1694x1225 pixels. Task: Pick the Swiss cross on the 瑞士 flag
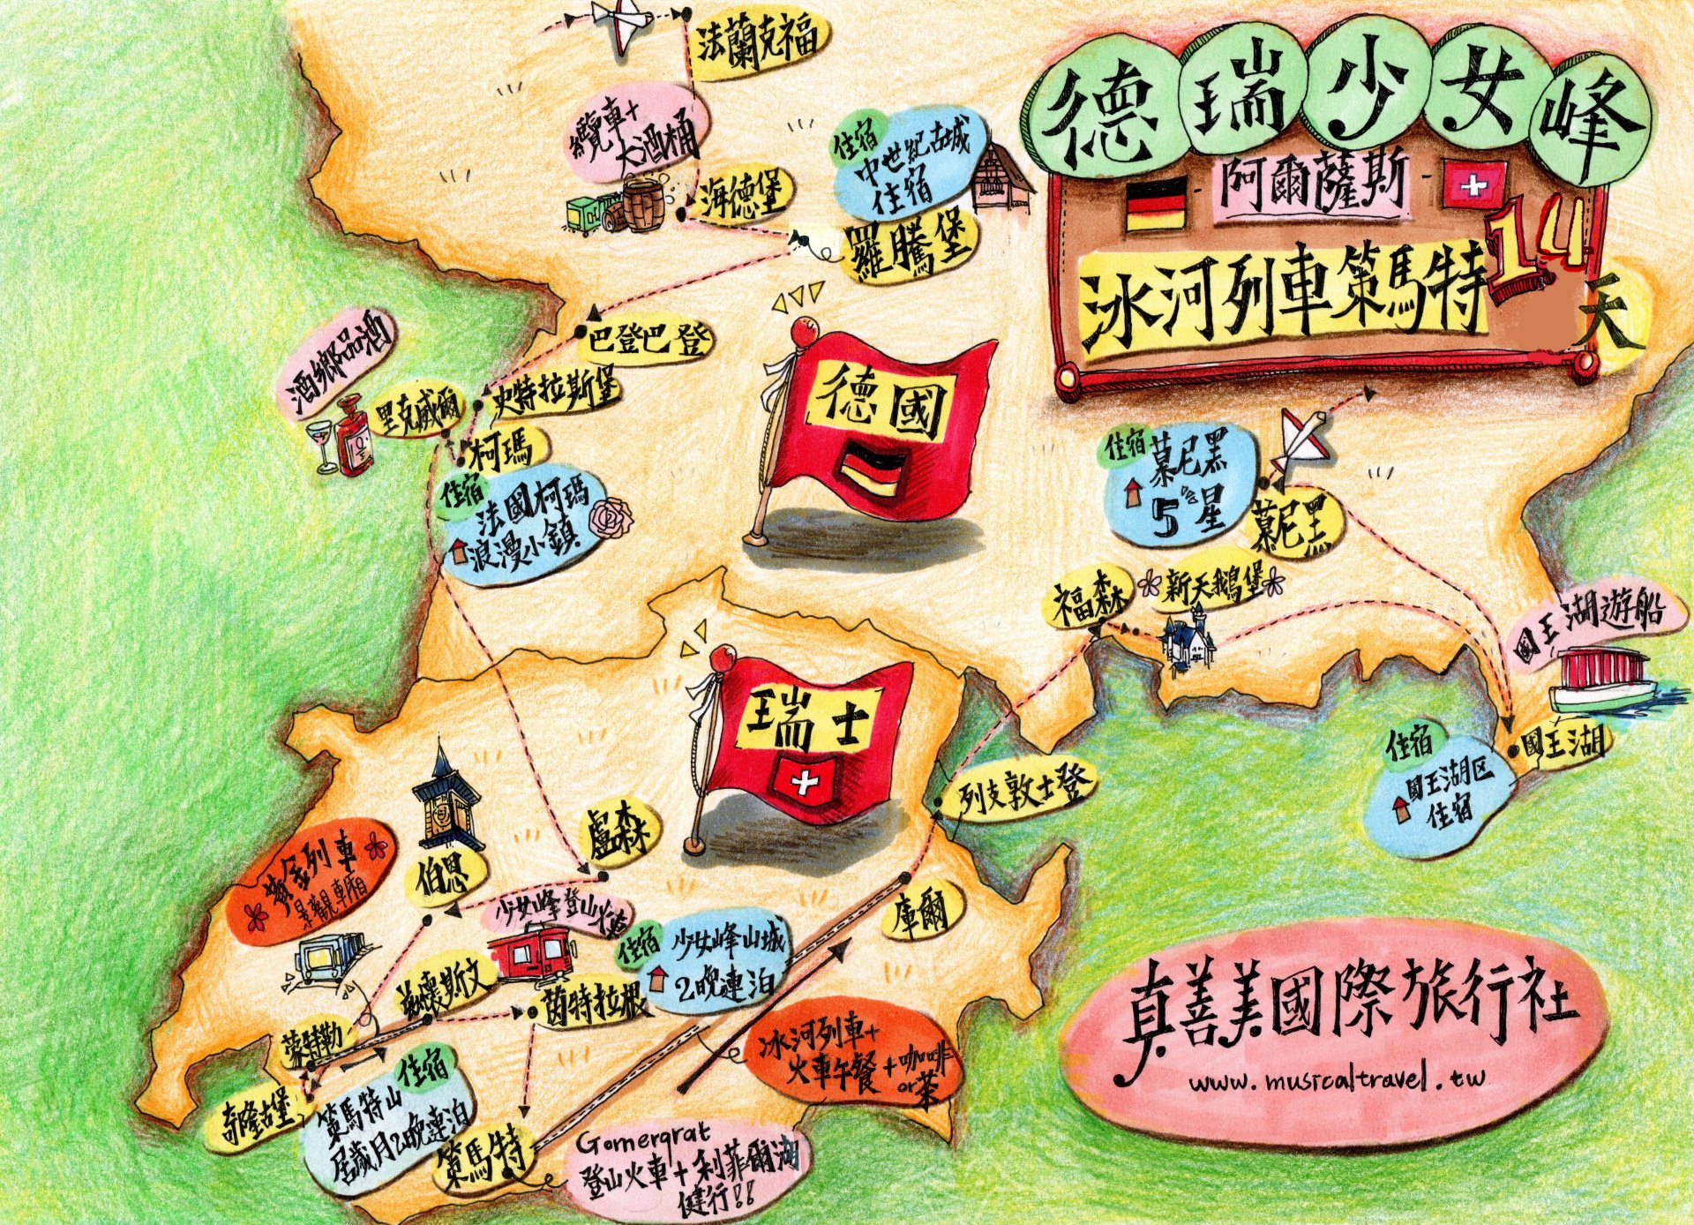pyautogui.click(x=802, y=780)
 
